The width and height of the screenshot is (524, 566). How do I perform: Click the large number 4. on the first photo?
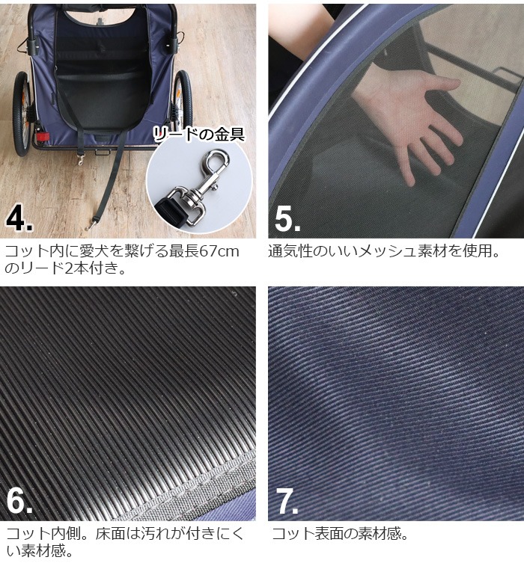[19, 218]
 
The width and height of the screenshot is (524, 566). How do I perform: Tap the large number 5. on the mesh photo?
[287, 219]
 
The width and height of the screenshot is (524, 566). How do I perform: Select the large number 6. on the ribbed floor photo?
[19, 501]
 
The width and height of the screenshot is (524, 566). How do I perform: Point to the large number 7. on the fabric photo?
[287, 501]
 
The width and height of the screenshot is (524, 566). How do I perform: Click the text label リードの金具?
[199, 135]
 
